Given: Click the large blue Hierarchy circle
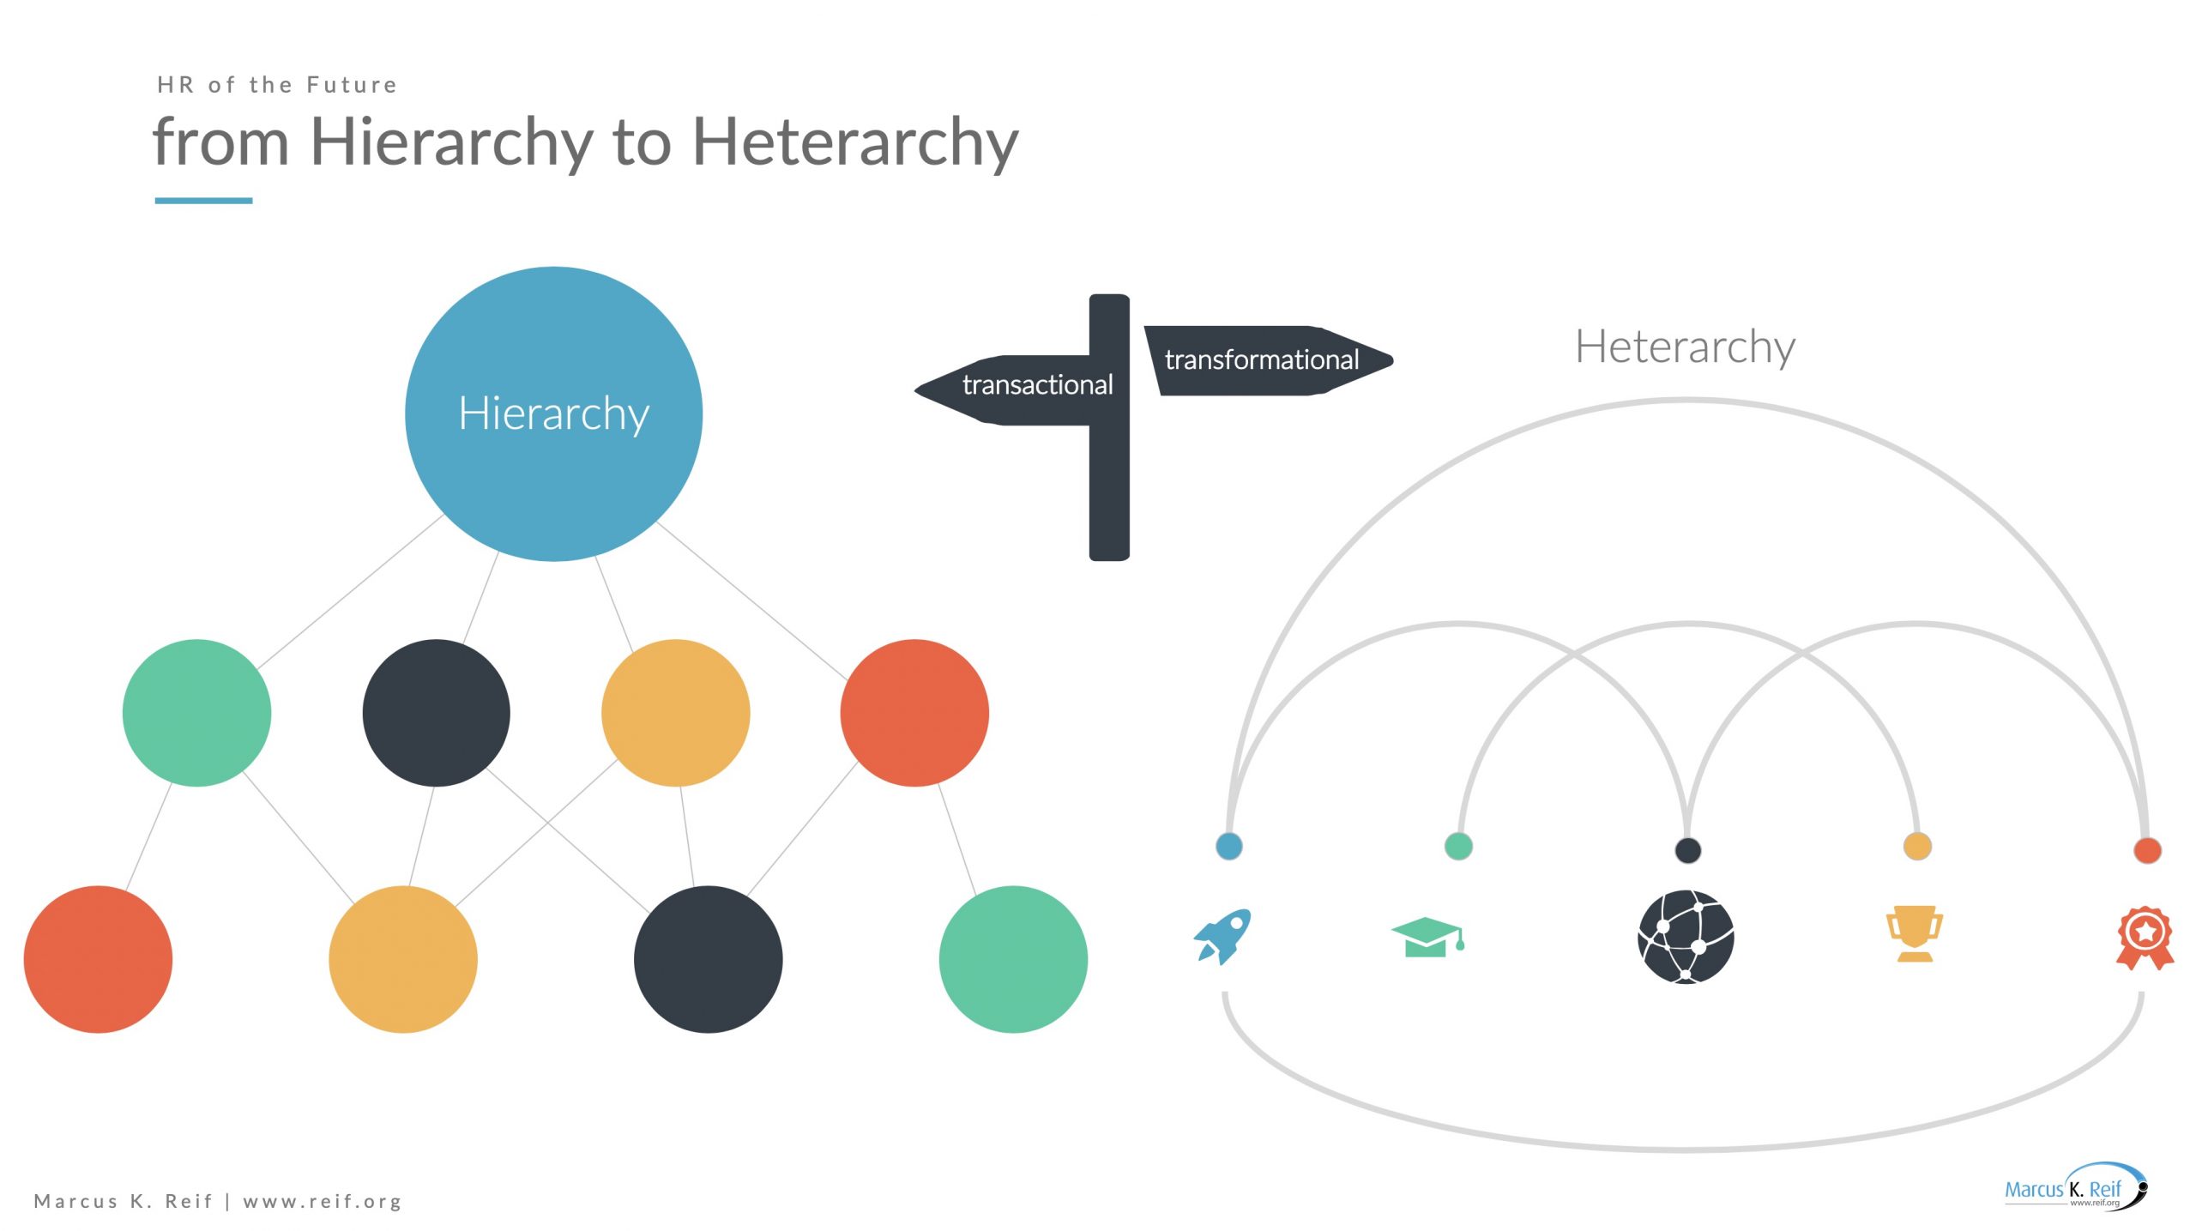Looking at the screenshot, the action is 553,413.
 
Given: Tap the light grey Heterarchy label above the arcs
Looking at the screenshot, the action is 1685,347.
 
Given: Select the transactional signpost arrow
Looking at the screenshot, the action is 1002,389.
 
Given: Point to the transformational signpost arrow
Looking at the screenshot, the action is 1269,360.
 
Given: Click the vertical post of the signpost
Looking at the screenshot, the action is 1109,427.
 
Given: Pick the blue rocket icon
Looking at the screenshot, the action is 1222,937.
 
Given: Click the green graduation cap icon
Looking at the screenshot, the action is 1428,937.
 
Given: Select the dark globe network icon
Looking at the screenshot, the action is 1686,937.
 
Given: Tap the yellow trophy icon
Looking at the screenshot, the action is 1915,934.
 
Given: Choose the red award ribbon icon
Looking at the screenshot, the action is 2145,938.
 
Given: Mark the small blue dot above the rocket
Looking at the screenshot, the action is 1229,846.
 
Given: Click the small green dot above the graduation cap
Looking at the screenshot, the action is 1458,846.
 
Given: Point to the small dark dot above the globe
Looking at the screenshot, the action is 1688,850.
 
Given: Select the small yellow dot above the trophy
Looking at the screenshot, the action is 1917,846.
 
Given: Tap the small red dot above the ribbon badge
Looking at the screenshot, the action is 2147,850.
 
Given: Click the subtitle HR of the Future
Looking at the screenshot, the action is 277,85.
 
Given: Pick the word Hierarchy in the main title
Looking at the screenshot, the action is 451,142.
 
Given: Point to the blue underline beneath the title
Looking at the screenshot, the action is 203,201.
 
